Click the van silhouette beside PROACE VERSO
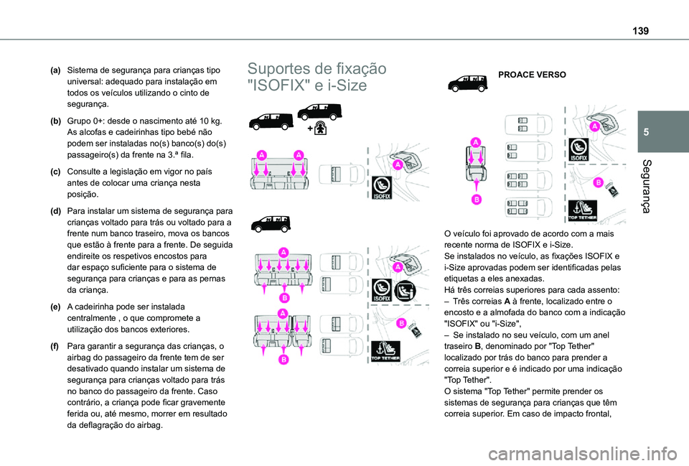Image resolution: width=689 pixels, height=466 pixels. click(x=467, y=83)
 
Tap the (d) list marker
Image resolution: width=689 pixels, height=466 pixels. click(x=55, y=212)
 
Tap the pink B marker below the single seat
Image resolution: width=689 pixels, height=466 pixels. click(x=475, y=198)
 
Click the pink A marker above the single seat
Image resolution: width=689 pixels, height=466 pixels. click(x=475, y=142)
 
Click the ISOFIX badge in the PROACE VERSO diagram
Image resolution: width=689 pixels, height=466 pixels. click(x=578, y=149)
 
